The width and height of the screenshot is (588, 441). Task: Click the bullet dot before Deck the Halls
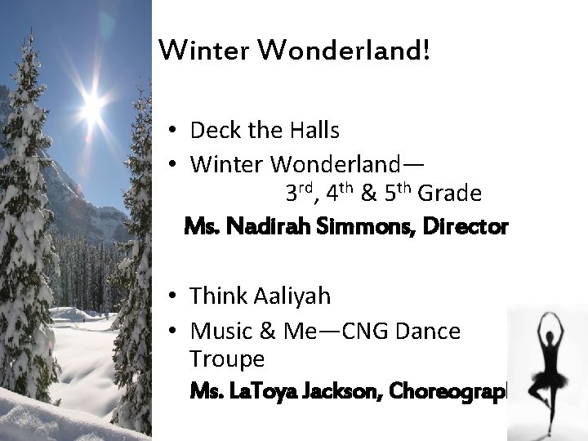pos(176,131)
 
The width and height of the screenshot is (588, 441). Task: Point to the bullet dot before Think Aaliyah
pos(176,296)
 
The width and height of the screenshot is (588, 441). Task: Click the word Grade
pos(450,194)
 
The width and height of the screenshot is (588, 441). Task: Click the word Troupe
pos(226,359)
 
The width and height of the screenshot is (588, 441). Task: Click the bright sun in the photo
pos(92,104)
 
